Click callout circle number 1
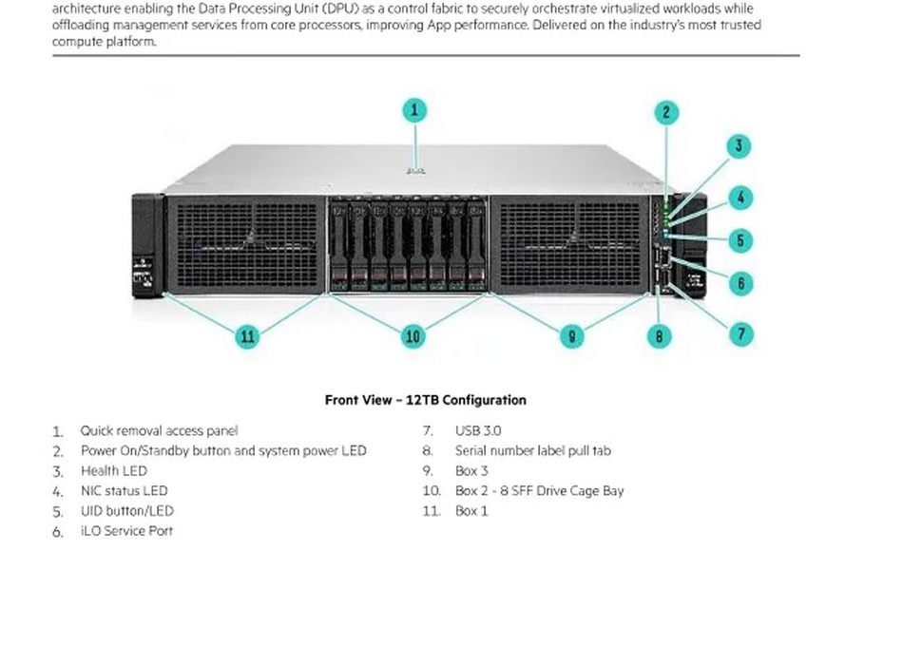click(414, 110)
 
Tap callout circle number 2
click(666, 112)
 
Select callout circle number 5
click(740, 240)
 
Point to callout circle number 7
click(741, 334)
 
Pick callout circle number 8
click(659, 336)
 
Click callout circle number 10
click(413, 336)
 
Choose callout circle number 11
click(248, 336)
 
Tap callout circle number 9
click(571, 336)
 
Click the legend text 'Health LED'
click(114, 471)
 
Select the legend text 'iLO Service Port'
click(126, 531)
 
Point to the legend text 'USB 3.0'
click(478, 430)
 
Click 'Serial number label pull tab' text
click(532, 451)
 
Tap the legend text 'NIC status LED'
click(125, 491)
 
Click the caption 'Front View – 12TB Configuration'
click(426, 400)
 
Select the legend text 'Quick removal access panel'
click(159, 430)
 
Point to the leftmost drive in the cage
click(339, 246)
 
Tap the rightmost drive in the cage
click(476, 246)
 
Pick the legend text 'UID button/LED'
click(127, 511)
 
